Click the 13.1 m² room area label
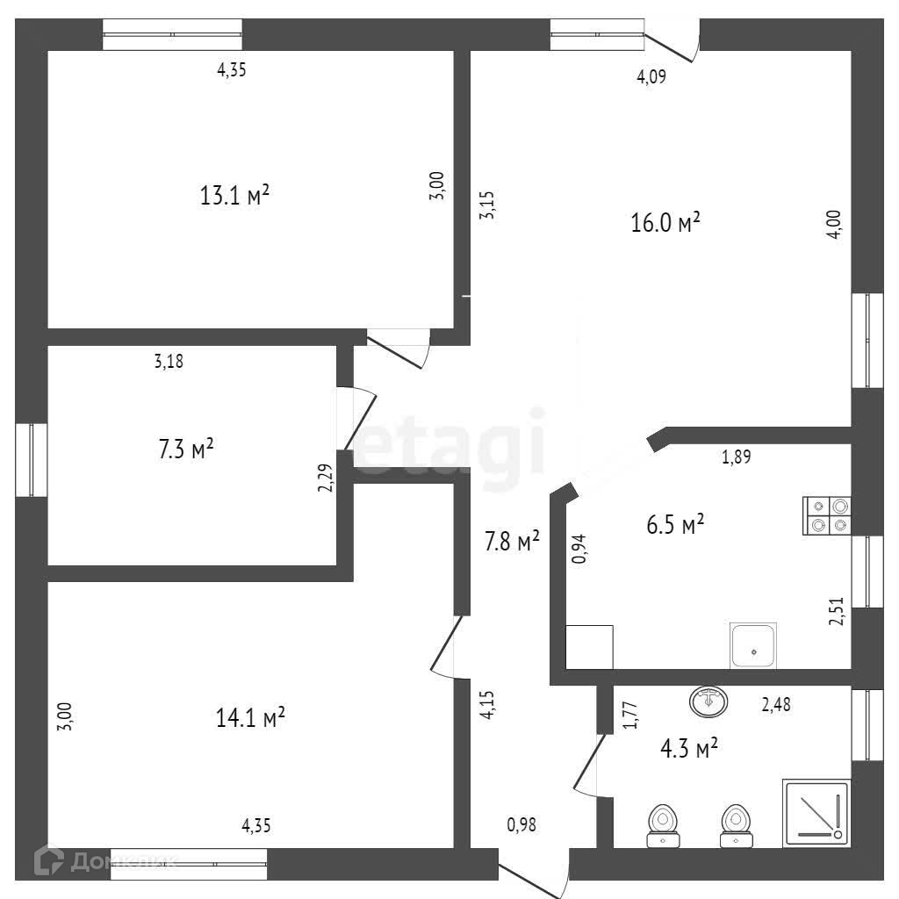(234, 195)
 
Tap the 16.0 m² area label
(665, 223)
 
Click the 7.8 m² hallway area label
(513, 542)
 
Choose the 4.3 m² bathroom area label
(688, 748)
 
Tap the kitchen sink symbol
(753, 645)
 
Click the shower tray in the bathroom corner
(816, 813)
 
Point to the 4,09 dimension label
(651, 77)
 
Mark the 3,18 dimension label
(169, 360)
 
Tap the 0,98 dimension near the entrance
(521, 824)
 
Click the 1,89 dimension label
(736, 456)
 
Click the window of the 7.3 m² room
(32, 460)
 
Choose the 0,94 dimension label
(579, 549)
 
